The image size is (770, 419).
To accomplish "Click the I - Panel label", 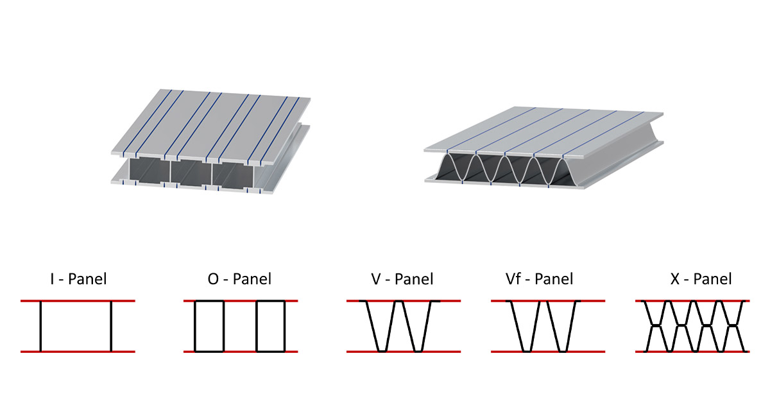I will (78, 279).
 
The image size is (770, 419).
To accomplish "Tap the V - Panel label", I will (402, 279).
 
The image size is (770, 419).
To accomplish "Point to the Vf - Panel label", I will (539, 279).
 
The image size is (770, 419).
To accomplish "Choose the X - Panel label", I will (700, 279).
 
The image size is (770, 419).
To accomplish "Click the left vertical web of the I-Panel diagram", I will (40, 326).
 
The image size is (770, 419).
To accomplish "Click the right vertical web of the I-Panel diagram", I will (111, 326).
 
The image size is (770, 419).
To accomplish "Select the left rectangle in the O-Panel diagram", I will (209, 326).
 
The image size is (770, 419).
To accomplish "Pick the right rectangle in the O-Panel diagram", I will (270, 326).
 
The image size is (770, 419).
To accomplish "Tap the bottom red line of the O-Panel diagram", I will (241, 352).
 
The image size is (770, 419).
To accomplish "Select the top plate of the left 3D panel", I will (212, 122).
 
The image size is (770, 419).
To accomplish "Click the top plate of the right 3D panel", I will (545, 132).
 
